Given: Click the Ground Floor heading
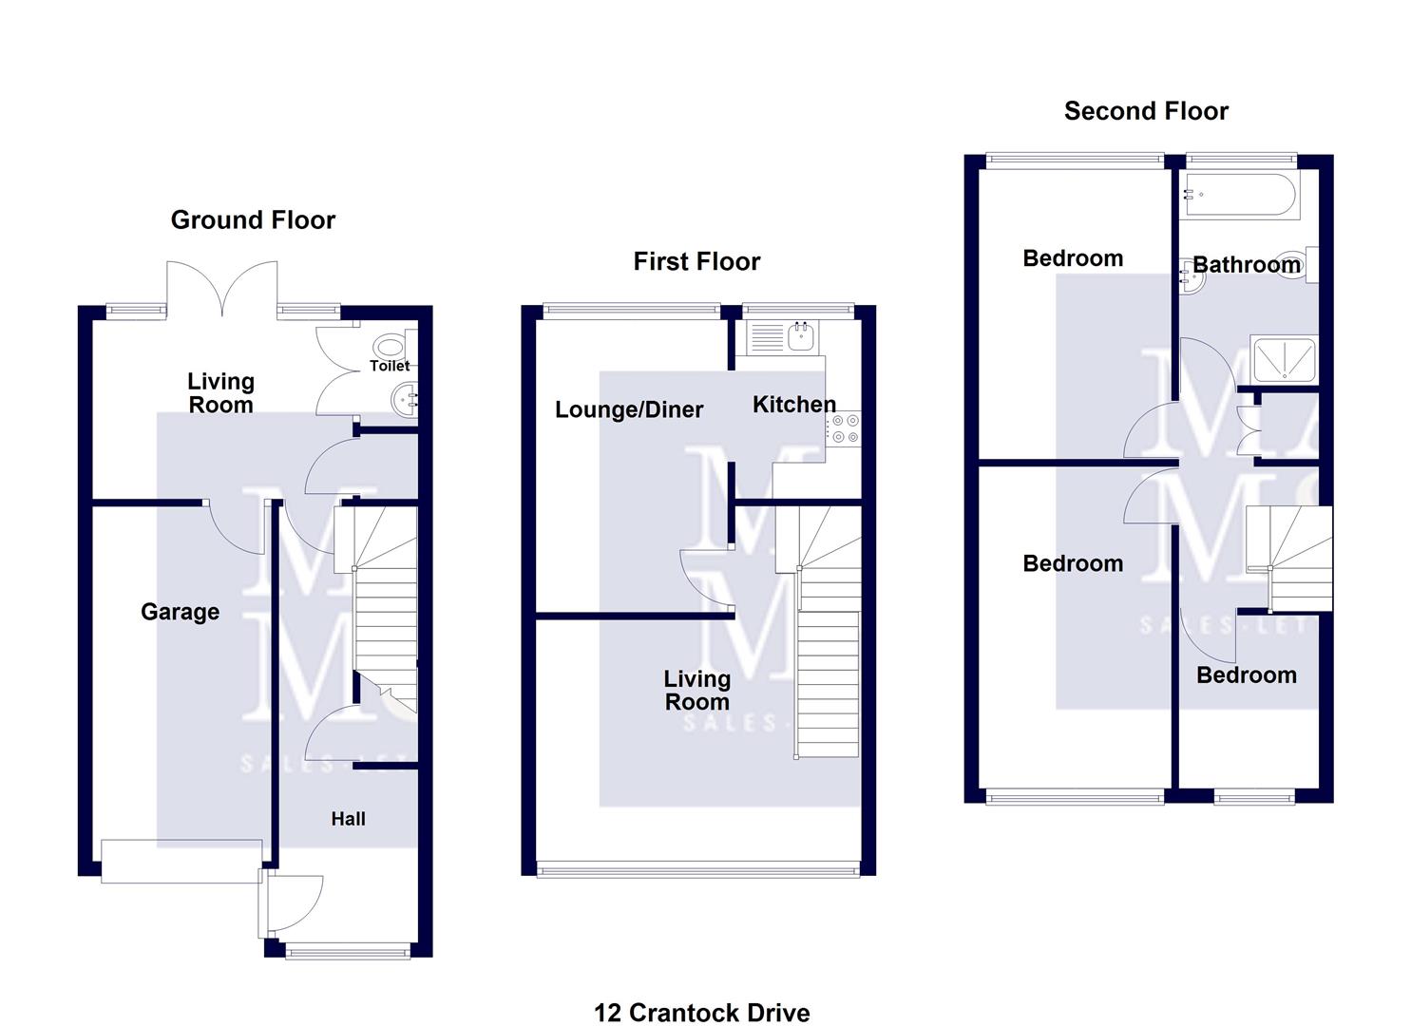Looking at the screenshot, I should tap(253, 220).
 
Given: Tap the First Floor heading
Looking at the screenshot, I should tap(696, 262).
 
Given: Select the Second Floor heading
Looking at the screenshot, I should tap(1146, 111).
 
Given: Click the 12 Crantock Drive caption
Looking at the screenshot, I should tap(701, 1013).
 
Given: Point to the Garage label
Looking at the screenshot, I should tap(180, 612).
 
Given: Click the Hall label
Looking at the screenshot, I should tap(348, 819).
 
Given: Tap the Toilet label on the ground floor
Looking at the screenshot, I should tap(390, 366).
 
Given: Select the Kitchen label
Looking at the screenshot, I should tap(793, 405).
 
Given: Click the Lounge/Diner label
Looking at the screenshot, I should tap(629, 409).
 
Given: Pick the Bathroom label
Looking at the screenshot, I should tap(1246, 265).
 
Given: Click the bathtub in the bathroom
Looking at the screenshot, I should tap(1238, 196).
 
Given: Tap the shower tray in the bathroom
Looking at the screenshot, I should tap(1284, 359).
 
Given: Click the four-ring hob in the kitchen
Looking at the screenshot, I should tap(844, 427).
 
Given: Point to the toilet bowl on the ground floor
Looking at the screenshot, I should tap(391, 345).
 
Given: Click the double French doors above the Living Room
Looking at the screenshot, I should tap(222, 290).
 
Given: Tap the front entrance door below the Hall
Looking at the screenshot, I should tap(295, 902).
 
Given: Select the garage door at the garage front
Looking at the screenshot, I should tap(181, 861).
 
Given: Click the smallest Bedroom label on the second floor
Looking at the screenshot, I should tap(1246, 675).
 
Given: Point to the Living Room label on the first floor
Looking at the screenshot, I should tap(696, 691).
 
